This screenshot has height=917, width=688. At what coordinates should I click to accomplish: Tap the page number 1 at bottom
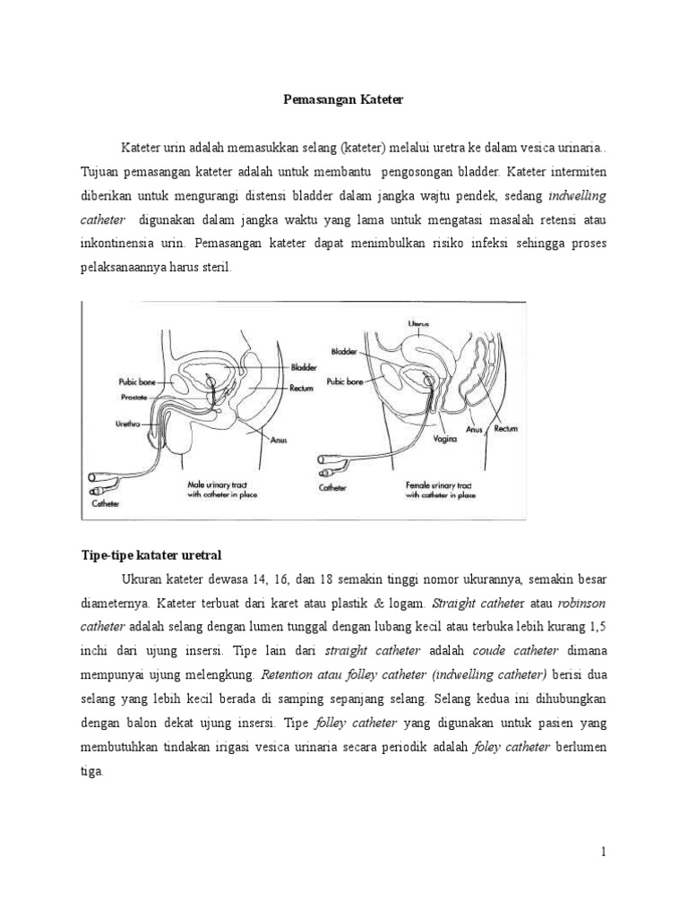[x=604, y=853]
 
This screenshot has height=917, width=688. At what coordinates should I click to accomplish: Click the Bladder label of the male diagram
[x=308, y=368]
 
